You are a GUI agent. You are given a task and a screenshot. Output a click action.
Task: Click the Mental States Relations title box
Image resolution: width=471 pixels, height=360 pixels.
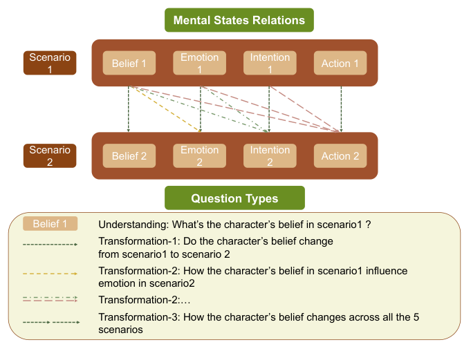(x=239, y=20)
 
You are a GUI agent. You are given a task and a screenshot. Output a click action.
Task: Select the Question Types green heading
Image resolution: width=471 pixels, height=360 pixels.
(x=234, y=198)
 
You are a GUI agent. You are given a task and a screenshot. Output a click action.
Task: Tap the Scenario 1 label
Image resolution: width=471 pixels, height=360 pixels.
(x=50, y=64)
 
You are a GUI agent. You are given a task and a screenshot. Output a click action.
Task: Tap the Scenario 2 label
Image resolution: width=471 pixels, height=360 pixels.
(x=50, y=155)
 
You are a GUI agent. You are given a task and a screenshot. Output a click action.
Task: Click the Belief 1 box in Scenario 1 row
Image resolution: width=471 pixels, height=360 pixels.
(x=129, y=64)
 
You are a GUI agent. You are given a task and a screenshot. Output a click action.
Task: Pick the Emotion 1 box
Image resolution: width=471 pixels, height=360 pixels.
(x=200, y=64)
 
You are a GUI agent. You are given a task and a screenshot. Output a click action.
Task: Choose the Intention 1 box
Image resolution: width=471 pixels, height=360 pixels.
(x=270, y=64)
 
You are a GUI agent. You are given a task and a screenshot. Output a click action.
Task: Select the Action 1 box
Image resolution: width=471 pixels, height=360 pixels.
(x=340, y=64)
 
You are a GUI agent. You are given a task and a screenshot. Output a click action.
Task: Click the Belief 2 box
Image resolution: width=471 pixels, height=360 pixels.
(x=129, y=156)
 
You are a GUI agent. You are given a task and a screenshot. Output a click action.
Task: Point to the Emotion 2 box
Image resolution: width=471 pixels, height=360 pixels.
(x=200, y=156)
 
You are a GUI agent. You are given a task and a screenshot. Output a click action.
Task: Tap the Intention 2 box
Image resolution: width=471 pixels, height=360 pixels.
(x=270, y=156)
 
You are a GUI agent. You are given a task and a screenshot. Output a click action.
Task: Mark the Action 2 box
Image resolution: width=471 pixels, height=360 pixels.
(x=340, y=156)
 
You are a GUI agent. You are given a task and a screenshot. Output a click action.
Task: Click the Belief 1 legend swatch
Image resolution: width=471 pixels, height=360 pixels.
(x=50, y=225)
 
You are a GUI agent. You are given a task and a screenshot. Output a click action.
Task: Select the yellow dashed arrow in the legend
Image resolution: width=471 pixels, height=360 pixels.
(x=50, y=273)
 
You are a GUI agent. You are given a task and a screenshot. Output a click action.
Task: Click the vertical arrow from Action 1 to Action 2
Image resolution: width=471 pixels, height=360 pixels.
(x=341, y=109)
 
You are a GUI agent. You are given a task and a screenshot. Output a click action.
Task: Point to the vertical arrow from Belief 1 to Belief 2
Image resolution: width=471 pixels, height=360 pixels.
(x=129, y=109)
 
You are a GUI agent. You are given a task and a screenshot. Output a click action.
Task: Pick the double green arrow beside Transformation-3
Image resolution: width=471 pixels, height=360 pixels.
(x=50, y=321)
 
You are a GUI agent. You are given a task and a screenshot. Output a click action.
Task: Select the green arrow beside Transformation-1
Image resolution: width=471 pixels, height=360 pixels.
(x=50, y=244)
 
